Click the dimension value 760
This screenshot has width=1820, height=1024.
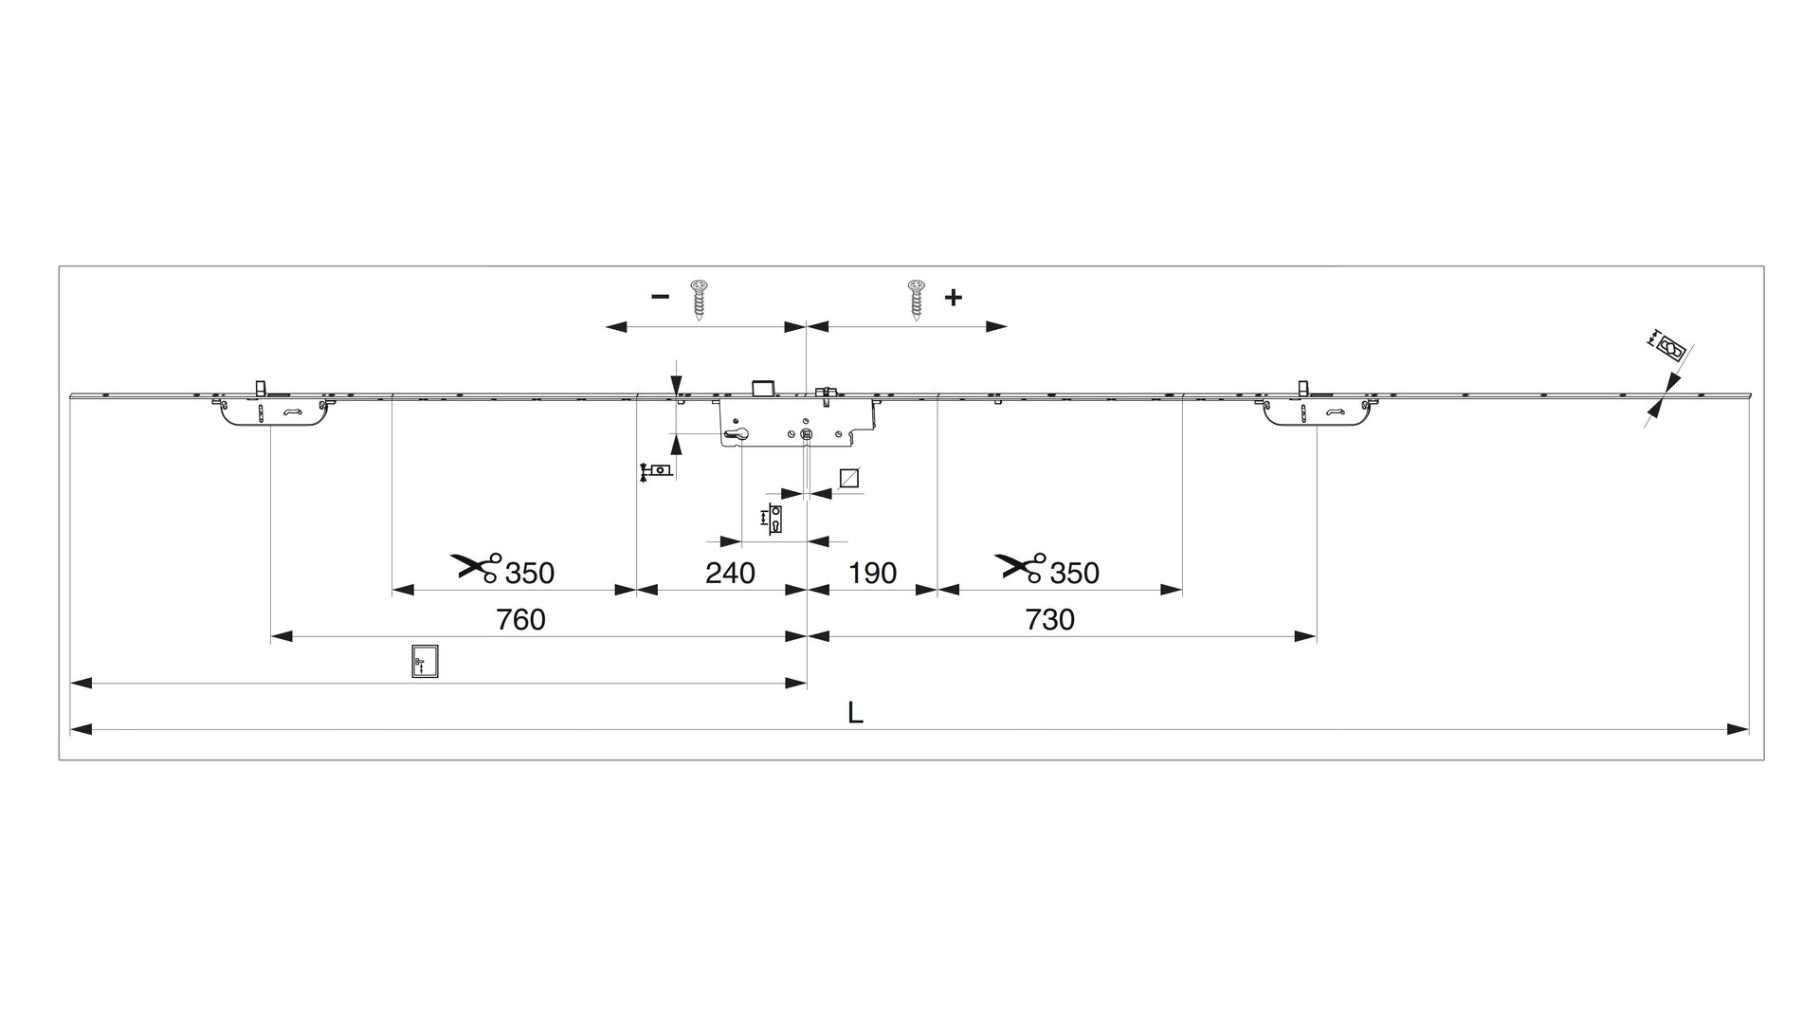pos(521,619)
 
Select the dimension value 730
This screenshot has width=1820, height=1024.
pos(1050,619)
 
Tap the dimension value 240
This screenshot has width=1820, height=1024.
pos(731,573)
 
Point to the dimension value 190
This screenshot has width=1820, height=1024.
pos(872,573)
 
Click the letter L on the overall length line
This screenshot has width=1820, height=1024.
pos(855,713)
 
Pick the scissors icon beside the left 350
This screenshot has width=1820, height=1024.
pos(477,567)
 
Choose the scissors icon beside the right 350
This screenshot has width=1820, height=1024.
pos(1021,567)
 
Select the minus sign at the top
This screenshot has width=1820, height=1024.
pos(660,297)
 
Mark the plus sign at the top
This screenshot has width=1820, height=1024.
pos(954,297)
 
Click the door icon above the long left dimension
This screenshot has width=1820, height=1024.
pos(425,661)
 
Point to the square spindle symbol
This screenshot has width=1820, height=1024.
pos(849,478)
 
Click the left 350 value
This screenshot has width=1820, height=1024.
pos(530,573)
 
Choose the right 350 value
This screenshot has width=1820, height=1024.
pos(1075,573)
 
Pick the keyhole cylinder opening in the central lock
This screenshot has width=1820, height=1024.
pos(736,435)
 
